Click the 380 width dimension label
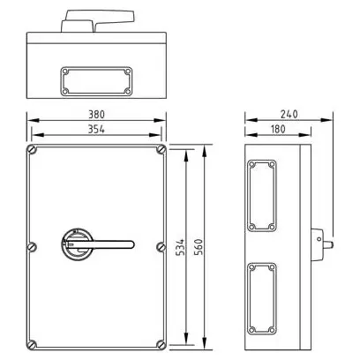[x=97, y=114]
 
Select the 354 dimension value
[x=96, y=129]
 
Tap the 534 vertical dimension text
[x=181, y=247]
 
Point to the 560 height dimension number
[x=199, y=247]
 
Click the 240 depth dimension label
[x=289, y=114]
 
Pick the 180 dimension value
[x=278, y=129]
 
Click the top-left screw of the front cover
[x=32, y=150]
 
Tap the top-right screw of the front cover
[x=161, y=150]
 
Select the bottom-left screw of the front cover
[x=32, y=344]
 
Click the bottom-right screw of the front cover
[x=161, y=344]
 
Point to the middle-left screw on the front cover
[x=32, y=247]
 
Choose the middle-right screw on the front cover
[x=161, y=247]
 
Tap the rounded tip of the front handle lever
[x=132, y=244]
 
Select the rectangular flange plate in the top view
[x=96, y=81]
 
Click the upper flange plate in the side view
[x=262, y=196]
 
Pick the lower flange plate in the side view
[x=262, y=298]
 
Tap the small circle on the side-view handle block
[x=319, y=239]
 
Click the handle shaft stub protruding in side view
[x=329, y=244]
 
